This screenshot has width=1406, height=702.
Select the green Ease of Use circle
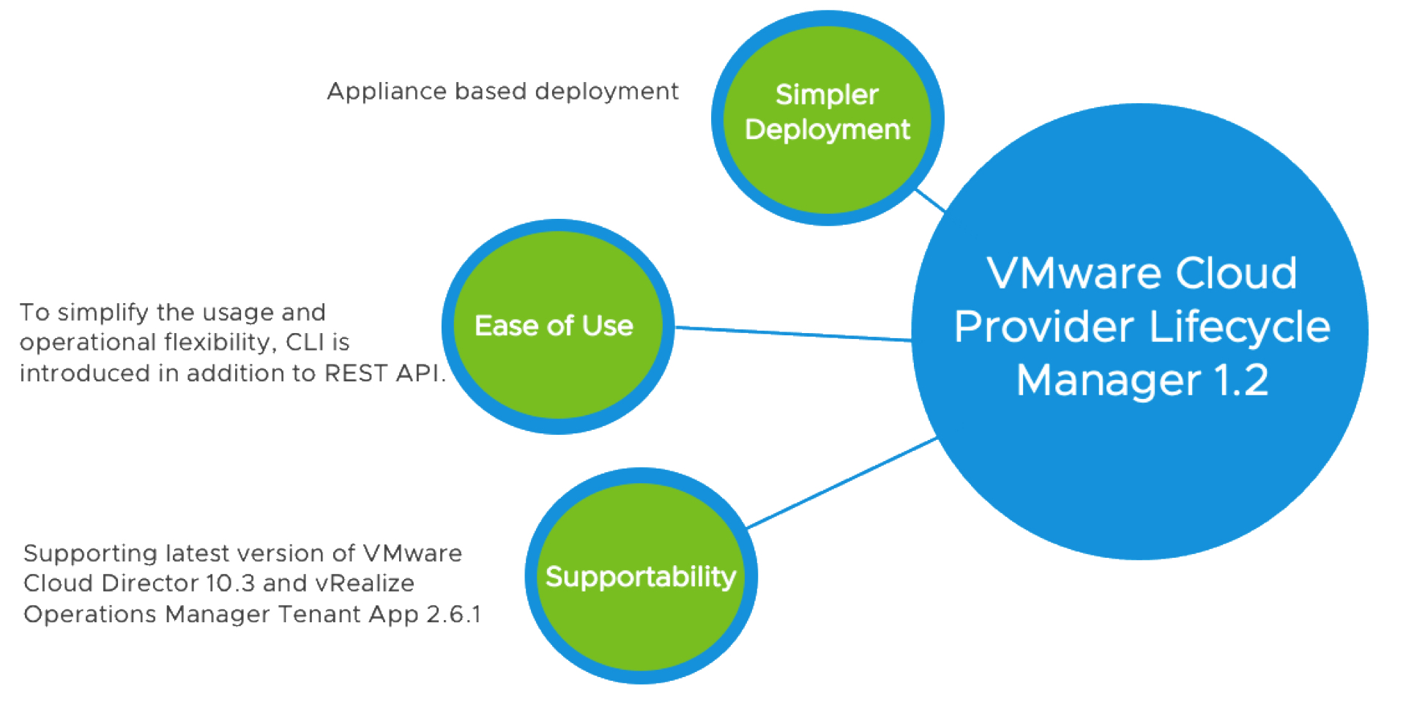click(557, 326)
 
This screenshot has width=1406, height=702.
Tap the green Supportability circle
click(641, 577)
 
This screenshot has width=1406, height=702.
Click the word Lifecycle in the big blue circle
click(1239, 326)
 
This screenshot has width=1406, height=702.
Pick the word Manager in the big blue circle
click(1108, 381)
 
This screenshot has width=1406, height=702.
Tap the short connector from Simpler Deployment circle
click(930, 200)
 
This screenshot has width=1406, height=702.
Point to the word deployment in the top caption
click(606, 92)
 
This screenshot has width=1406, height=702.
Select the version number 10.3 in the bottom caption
click(230, 583)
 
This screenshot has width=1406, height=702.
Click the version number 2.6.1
click(453, 614)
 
